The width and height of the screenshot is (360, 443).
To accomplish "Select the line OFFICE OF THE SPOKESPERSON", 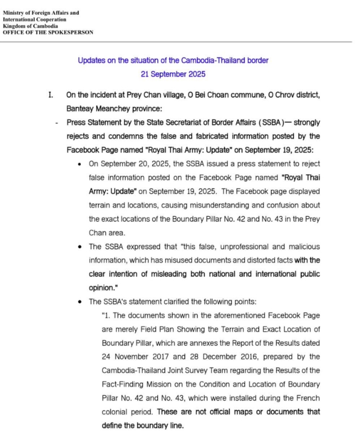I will coord(48,32).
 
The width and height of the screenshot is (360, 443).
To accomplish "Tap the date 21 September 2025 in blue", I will coord(173,74).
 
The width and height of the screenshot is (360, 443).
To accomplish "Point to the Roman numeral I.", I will coord(50,95).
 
